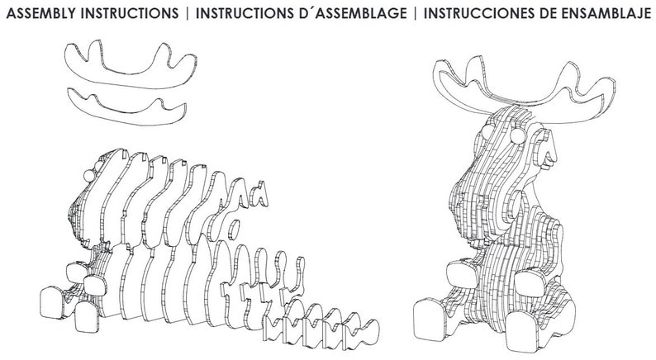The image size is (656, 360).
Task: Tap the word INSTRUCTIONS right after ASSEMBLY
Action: pos(129,14)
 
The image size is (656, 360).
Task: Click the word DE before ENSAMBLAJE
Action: pos(546,14)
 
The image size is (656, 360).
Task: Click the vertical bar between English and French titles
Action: pos(187,14)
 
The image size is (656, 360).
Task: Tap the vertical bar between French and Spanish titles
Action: pos(415,14)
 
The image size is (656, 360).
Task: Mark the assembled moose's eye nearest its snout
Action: pos(517,136)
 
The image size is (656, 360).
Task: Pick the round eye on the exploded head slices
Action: pos(89,176)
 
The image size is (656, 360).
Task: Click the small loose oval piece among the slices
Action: pos(234,229)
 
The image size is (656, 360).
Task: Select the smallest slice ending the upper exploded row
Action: pos(260,194)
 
